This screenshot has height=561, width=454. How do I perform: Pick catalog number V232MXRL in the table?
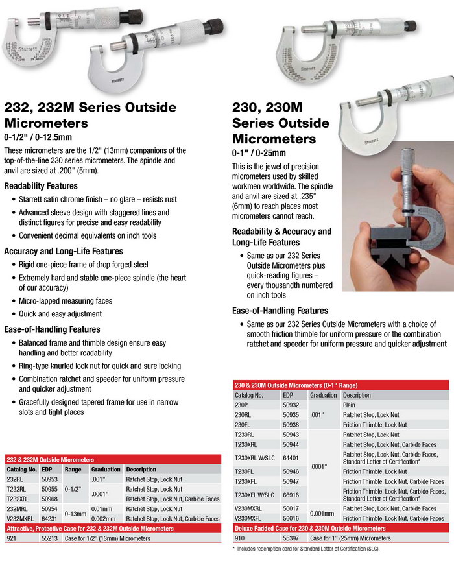pyautogui.click(x=21, y=519)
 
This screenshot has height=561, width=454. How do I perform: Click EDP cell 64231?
pyautogui.click(x=51, y=519)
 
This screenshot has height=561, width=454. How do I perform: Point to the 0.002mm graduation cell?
pyautogui.click(x=104, y=519)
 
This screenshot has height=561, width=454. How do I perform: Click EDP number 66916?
pyautogui.click(x=292, y=494)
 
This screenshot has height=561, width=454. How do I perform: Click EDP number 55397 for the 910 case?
pyautogui.click(x=292, y=538)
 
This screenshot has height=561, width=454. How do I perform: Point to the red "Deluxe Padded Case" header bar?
pyautogui.click(x=340, y=529)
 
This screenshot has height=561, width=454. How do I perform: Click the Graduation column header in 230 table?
pyautogui.click(x=324, y=394)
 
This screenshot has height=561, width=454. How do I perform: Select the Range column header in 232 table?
pyautogui.click(x=72, y=469)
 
